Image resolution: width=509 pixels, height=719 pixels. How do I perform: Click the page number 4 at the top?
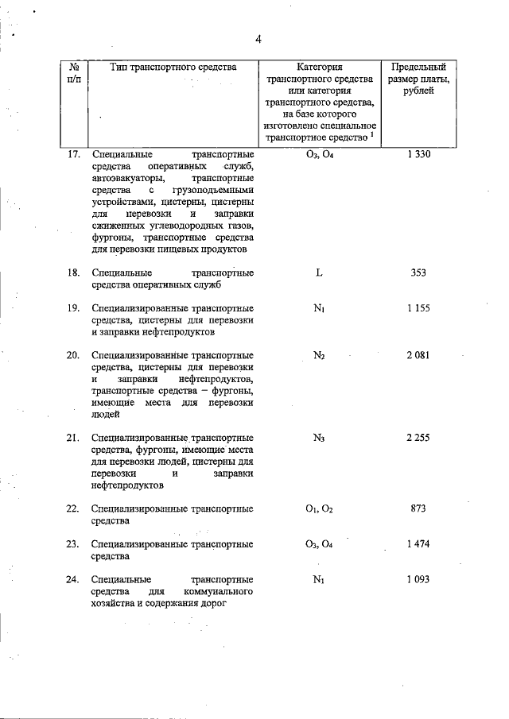tap(258, 40)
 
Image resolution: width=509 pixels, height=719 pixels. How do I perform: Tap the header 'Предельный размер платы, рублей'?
tap(419, 79)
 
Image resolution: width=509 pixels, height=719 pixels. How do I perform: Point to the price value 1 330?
tap(418, 154)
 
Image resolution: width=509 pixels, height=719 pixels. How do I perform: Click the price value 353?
tap(418, 273)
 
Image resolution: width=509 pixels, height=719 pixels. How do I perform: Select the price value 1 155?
tap(418, 308)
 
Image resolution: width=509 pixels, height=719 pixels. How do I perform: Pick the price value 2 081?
tap(418, 355)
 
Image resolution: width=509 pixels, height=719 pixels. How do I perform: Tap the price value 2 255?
tap(418, 438)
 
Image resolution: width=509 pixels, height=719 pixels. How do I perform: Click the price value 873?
tap(418, 508)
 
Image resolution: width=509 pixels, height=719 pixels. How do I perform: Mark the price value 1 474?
tap(418, 544)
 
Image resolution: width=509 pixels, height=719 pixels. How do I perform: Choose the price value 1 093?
tap(418, 580)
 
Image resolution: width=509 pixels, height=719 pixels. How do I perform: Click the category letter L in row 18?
tap(318, 273)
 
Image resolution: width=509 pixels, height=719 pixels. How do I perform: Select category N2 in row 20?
tap(318, 355)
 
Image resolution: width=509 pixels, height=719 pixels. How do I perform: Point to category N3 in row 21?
tap(318, 438)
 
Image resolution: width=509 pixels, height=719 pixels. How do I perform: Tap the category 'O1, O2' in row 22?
tap(318, 508)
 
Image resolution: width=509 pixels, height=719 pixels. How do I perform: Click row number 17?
tap(73, 154)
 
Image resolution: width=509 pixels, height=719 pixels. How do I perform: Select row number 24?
tap(73, 580)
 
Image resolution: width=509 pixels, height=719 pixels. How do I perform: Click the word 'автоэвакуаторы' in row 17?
tap(124, 179)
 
